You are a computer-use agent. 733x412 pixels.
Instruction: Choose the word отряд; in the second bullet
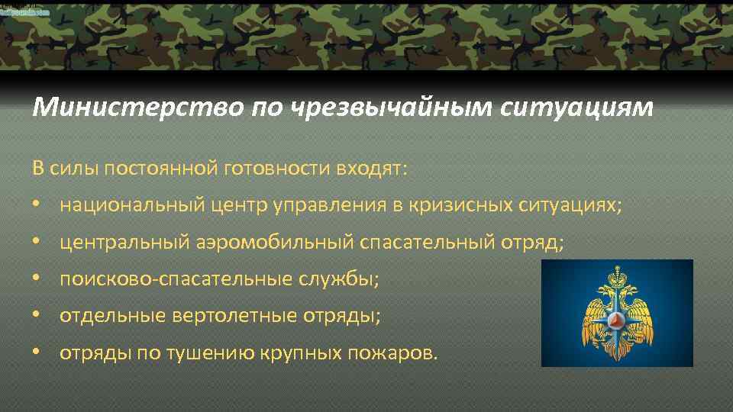point(533,242)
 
